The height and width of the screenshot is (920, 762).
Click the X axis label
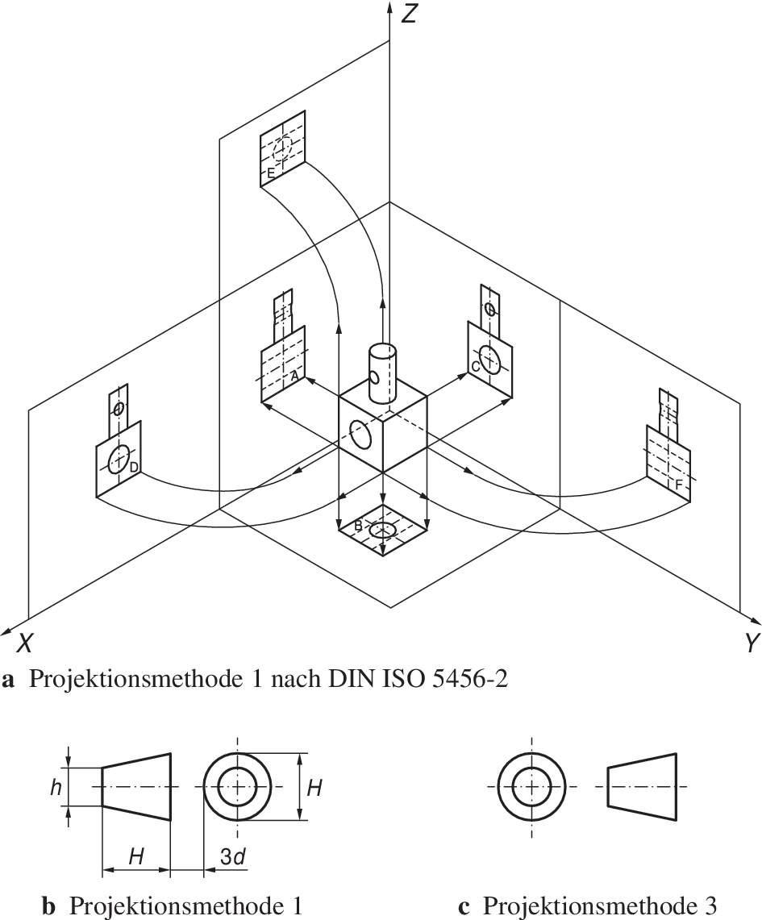click(26, 643)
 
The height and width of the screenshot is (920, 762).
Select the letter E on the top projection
click(271, 173)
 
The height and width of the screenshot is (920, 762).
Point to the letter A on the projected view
click(294, 376)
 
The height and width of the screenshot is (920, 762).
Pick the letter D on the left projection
click(134, 467)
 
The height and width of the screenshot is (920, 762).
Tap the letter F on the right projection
click(679, 484)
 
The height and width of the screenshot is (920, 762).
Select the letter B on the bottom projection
click(358, 526)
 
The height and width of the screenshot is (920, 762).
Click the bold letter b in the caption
click(48, 906)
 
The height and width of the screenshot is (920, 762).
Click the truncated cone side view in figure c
click(641, 787)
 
